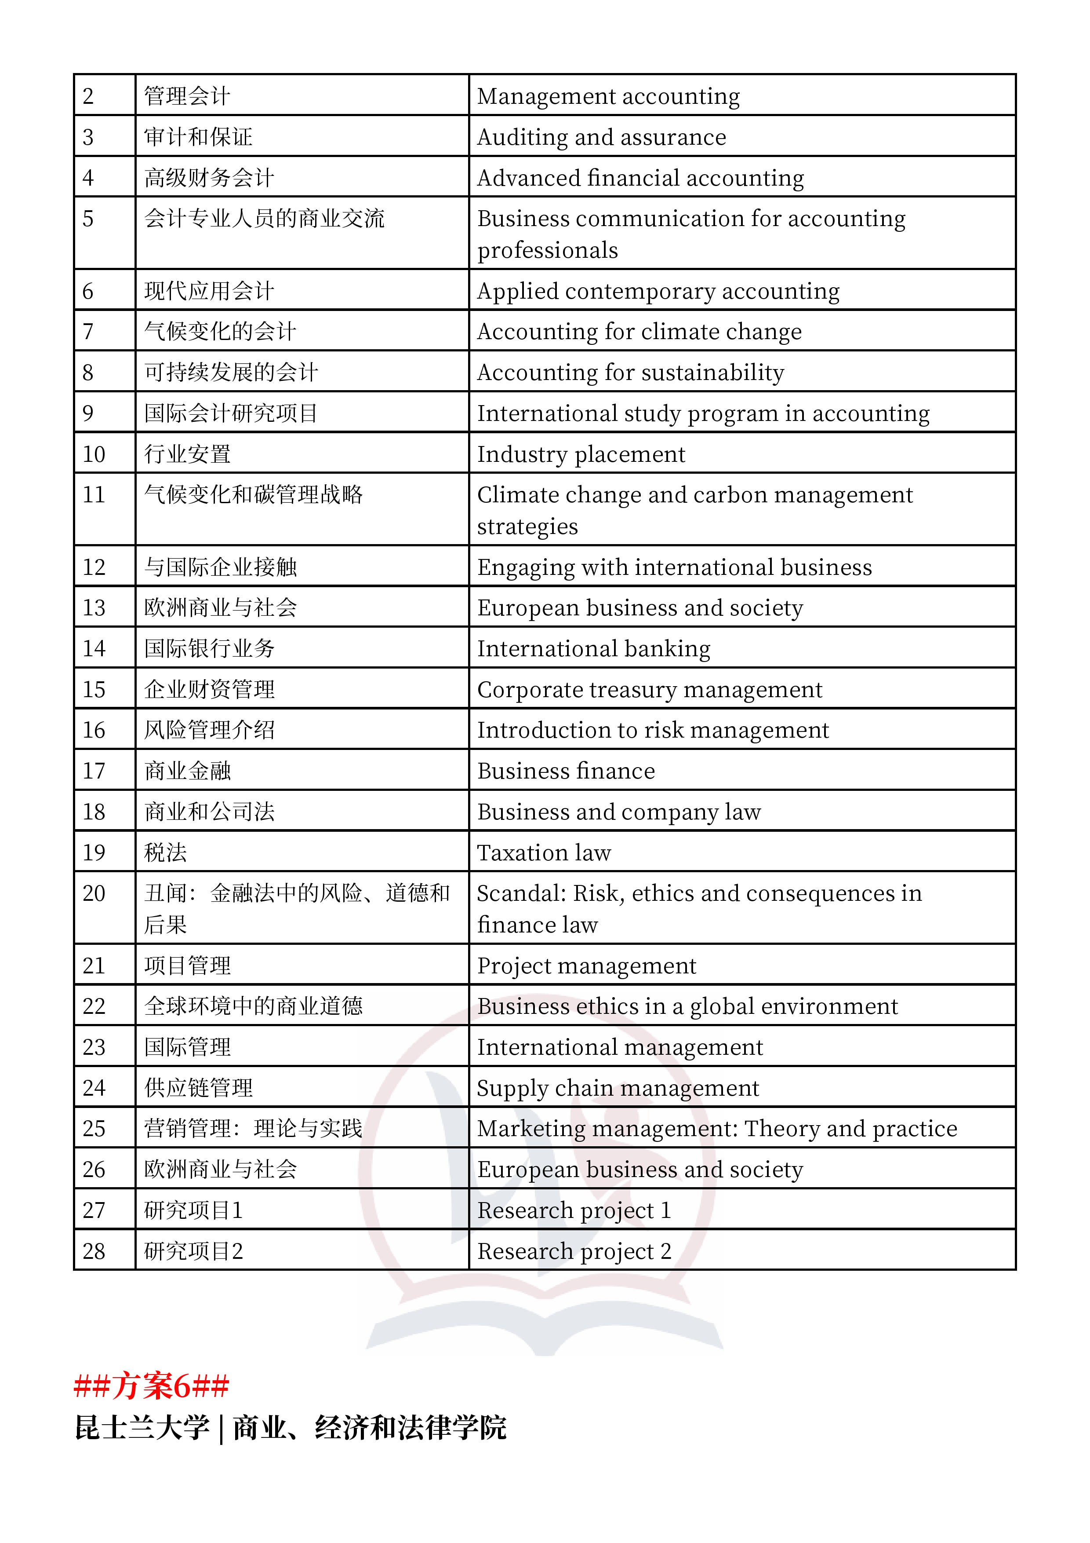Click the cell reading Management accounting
coord(608,96)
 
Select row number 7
coord(88,331)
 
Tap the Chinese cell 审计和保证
coord(198,137)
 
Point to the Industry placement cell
coord(581,454)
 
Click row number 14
coord(94,648)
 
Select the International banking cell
coord(594,648)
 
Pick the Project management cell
coord(586,966)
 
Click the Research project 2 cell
coord(574,1251)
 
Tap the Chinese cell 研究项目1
coord(193,1210)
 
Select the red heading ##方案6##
coord(151,1386)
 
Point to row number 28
coord(94,1251)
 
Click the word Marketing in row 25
coord(530,1129)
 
